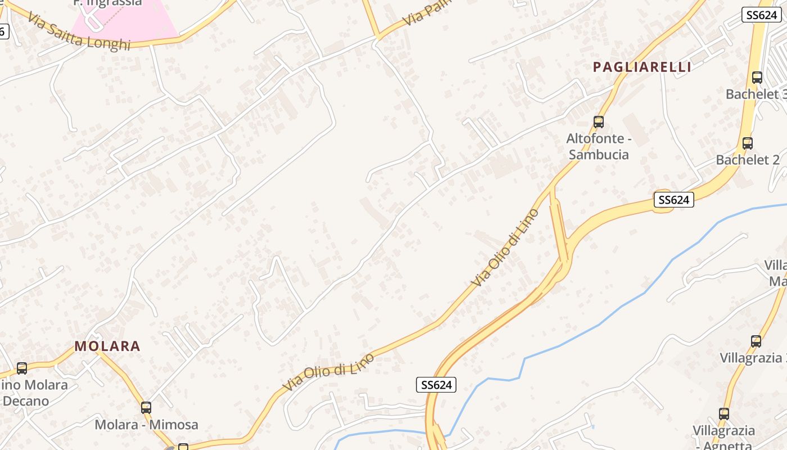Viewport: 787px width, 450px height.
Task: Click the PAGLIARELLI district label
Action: click(x=642, y=67)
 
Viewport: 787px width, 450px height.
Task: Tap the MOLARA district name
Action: click(x=107, y=346)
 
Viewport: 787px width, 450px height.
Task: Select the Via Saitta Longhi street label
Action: click(x=79, y=34)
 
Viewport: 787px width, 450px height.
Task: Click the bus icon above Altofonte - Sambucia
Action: click(x=599, y=121)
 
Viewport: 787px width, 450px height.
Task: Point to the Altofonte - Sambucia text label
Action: click(x=599, y=146)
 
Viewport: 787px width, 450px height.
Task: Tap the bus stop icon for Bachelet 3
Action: click(x=757, y=78)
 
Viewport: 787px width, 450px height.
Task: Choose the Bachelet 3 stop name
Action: click(x=756, y=94)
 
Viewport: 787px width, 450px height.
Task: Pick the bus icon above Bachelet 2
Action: click(x=748, y=143)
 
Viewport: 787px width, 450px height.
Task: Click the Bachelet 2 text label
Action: click(x=748, y=160)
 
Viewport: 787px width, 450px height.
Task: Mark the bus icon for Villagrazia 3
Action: click(x=756, y=341)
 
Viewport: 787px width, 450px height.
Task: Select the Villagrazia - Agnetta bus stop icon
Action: click(x=724, y=414)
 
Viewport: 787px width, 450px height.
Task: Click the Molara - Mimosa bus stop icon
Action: click(x=146, y=408)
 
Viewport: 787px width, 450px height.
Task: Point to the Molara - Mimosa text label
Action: click(x=146, y=424)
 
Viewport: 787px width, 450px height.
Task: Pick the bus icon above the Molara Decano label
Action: click(x=22, y=368)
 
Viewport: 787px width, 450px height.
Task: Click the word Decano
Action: click(x=26, y=401)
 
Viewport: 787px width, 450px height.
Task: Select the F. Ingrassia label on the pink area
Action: click(x=107, y=3)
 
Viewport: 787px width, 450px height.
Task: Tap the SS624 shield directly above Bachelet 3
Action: click(x=762, y=15)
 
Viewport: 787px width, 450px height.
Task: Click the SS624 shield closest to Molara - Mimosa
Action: click(x=436, y=385)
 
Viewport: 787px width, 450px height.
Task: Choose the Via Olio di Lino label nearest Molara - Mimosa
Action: click(x=328, y=372)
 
